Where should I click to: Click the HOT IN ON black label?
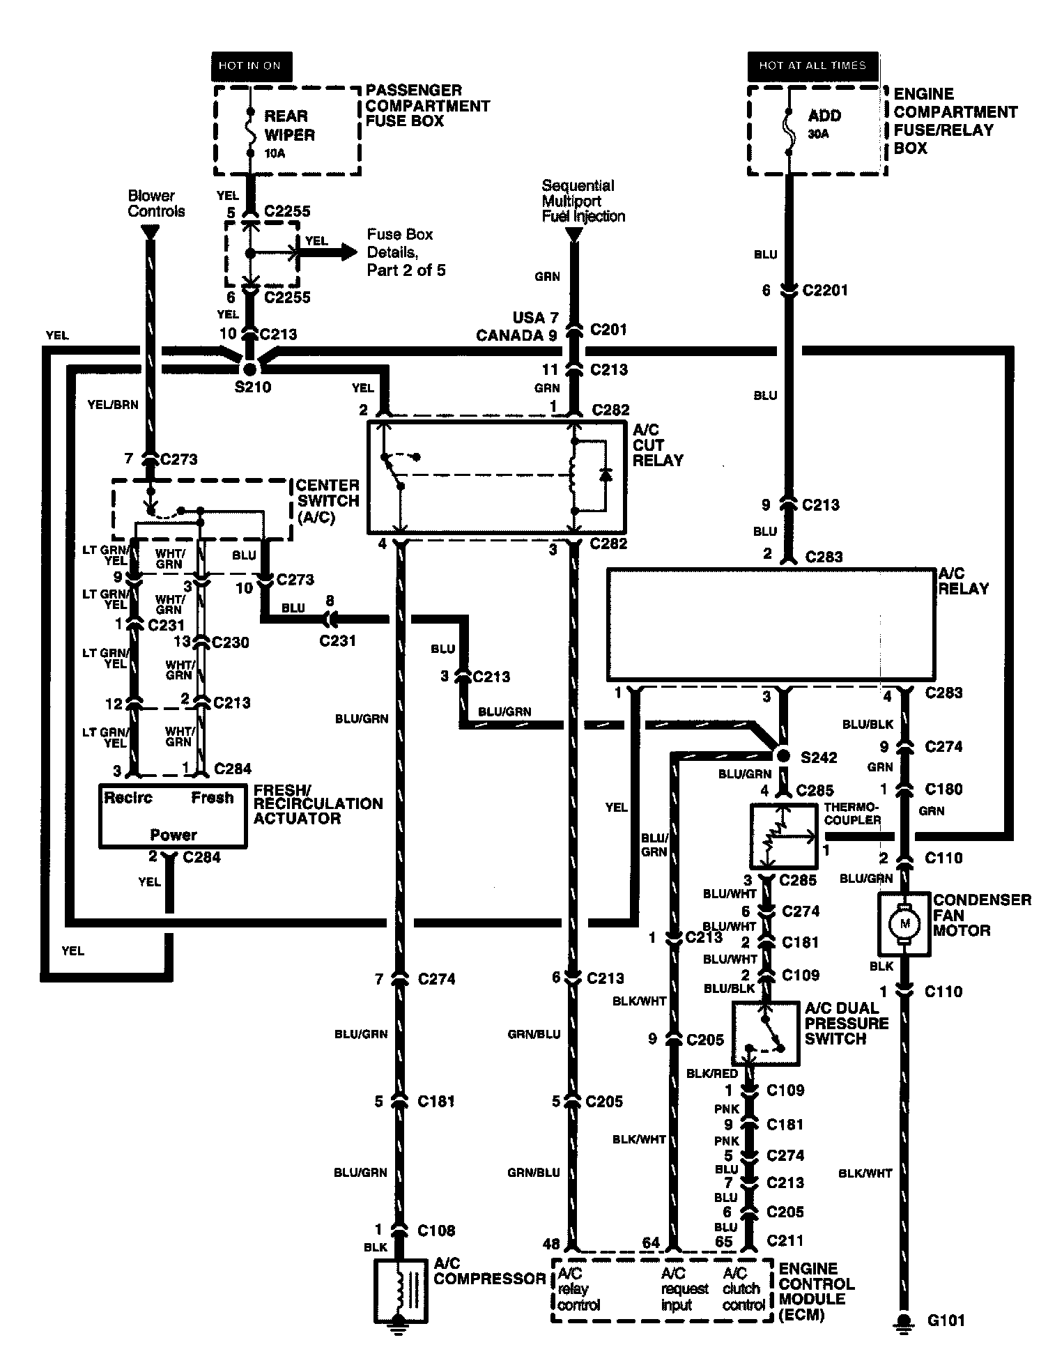[249, 66]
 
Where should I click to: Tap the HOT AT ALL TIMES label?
[812, 66]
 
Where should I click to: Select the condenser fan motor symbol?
[905, 925]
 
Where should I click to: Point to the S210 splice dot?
[249, 367]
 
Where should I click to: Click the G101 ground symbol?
[904, 1320]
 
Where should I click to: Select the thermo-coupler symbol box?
[784, 836]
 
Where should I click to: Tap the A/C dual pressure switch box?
[766, 1034]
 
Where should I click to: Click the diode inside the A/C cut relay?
[605, 475]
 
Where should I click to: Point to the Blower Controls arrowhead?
[148, 234]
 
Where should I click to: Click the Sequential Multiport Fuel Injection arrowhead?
[573, 234]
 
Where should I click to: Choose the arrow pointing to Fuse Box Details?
[327, 252]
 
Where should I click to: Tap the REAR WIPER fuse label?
[289, 125]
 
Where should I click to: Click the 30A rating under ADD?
[819, 134]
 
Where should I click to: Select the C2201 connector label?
[825, 290]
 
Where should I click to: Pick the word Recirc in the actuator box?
[128, 797]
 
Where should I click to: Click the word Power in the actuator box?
[174, 834]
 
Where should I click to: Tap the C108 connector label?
[436, 1231]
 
